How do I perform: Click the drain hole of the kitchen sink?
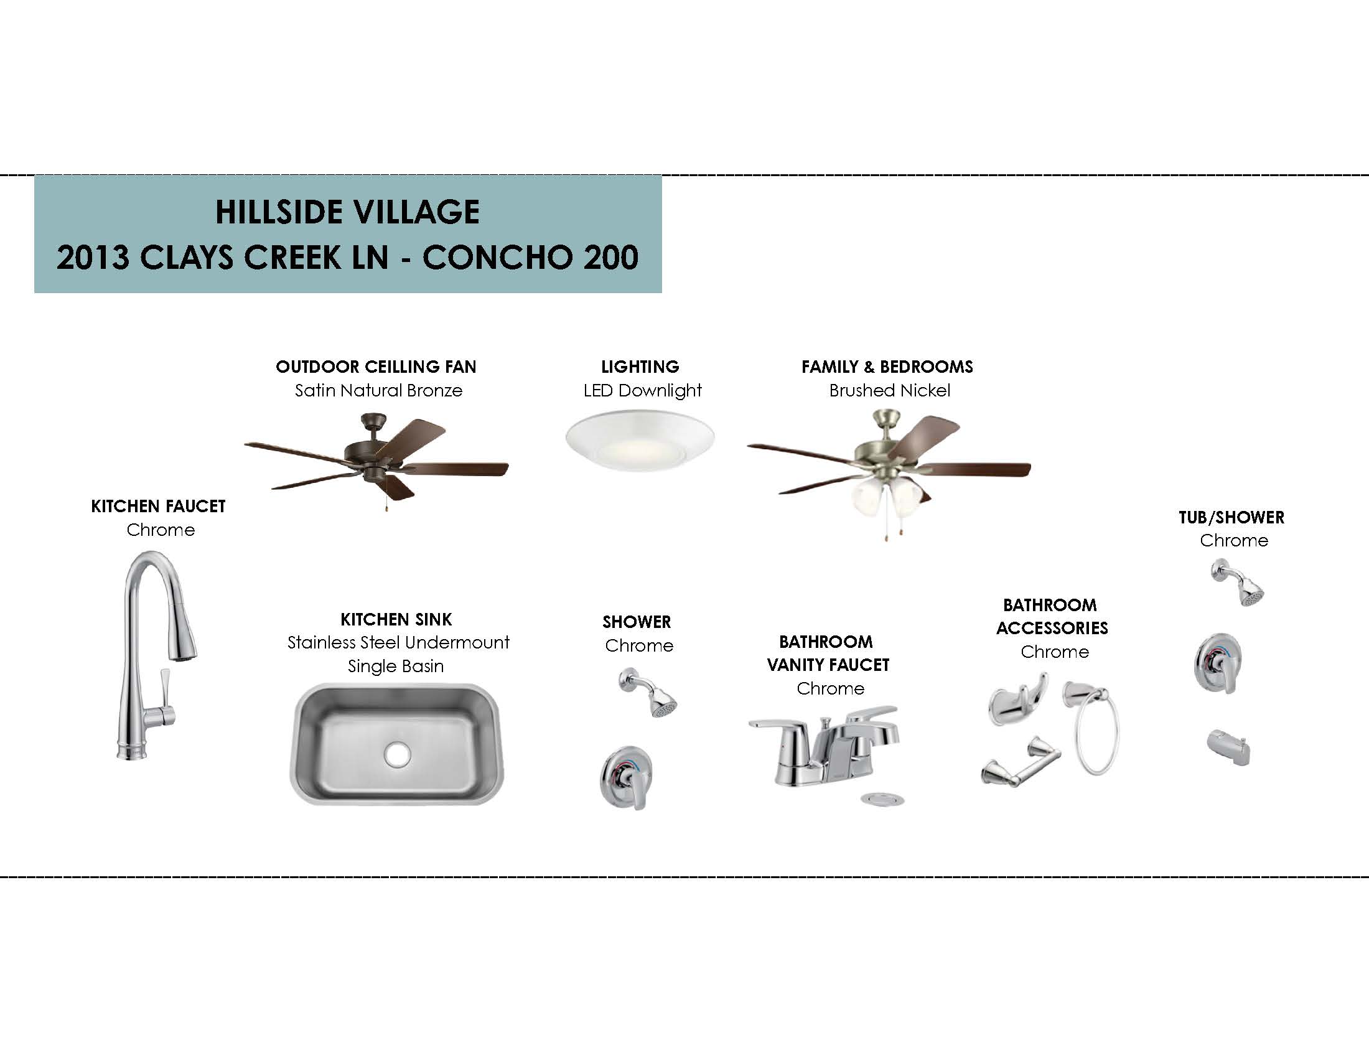tap(398, 755)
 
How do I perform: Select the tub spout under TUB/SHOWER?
tap(1228, 746)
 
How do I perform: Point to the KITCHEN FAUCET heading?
tap(158, 506)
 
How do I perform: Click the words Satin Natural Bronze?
tap(378, 390)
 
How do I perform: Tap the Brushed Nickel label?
tap(889, 390)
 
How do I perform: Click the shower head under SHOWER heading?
tap(648, 693)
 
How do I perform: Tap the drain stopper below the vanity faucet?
tap(882, 798)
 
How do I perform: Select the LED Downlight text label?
tap(643, 390)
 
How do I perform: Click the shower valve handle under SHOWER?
tap(626, 778)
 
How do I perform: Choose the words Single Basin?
tap(396, 666)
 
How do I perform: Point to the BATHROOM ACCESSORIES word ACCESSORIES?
tap(1052, 627)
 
